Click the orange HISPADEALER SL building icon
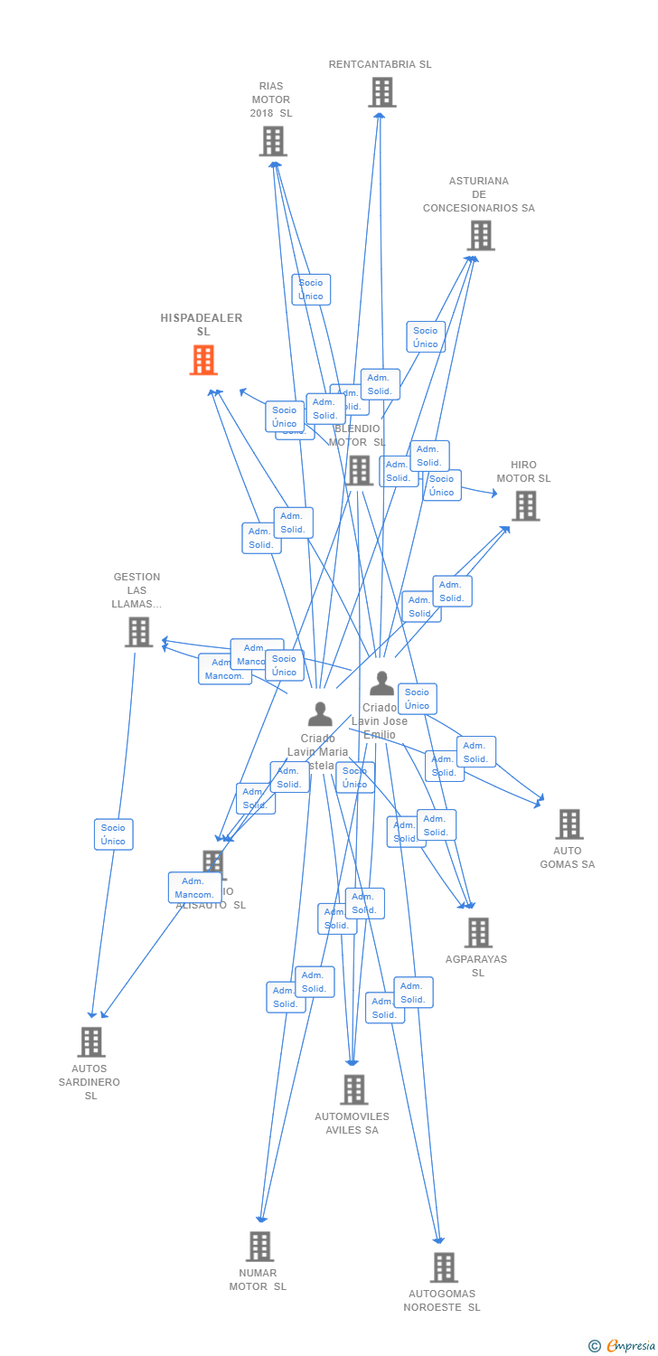tap(203, 360)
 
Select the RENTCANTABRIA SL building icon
tap(381, 92)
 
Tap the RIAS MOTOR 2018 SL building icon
tap(273, 141)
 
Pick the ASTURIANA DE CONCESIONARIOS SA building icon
tap(480, 235)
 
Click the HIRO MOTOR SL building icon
tap(525, 506)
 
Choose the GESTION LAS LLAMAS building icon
tap(138, 632)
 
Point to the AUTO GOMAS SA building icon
tap(569, 824)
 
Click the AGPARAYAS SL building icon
tap(477, 933)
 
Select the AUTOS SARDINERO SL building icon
tap(90, 1042)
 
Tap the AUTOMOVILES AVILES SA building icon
tap(353, 1090)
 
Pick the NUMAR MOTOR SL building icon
tap(259, 1247)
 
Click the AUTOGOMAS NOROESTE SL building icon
tap(443, 1267)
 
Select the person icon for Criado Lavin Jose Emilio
tap(381, 683)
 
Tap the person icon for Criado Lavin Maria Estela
tap(320, 714)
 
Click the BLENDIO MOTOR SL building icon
tap(360, 470)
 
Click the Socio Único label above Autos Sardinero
tap(114, 834)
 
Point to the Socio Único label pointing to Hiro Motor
tap(442, 485)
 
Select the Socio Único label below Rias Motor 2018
tap(311, 289)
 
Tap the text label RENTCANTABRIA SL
tap(380, 64)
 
